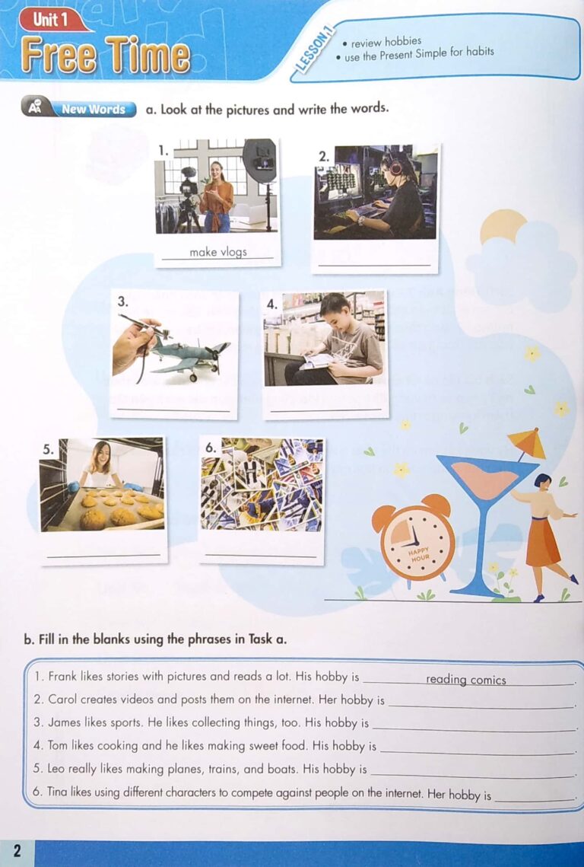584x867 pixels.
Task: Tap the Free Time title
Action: [x=106, y=56]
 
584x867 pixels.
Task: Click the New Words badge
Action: [x=93, y=109]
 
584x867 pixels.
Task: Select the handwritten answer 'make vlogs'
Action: [x=218, y=252]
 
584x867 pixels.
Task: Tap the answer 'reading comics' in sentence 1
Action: [x=465, y=680]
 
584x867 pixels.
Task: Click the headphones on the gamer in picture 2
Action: [x=395, y=164]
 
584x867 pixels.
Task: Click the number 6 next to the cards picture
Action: [x=211, y=448]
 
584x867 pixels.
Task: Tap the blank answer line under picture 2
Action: [x=375, y=265]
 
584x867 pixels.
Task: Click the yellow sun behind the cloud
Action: [x=502, y=225]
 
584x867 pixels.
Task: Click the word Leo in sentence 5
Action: [x=57, y=769]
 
